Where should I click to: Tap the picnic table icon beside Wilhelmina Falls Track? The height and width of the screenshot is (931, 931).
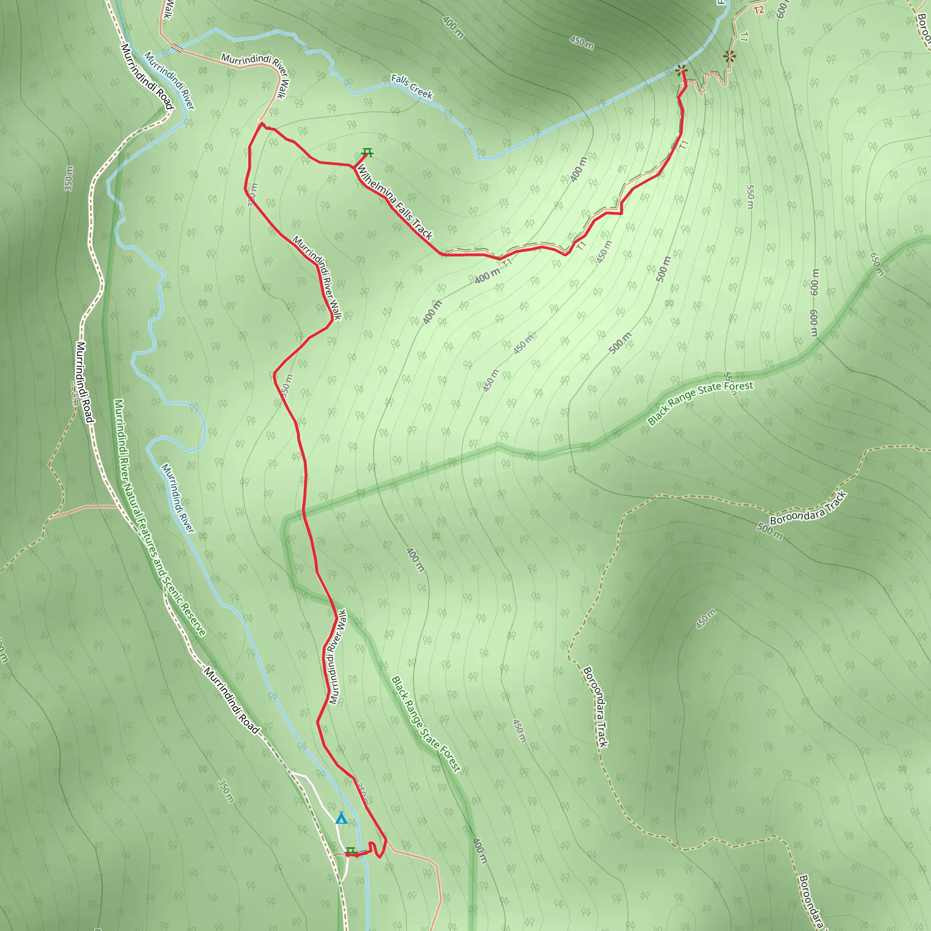(x=367, y=153)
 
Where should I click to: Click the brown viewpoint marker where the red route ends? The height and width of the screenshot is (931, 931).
(x=681, y=71)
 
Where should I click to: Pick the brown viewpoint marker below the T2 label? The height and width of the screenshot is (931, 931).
(x=730, y=56)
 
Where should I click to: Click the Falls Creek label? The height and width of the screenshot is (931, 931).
(x=411, y=86)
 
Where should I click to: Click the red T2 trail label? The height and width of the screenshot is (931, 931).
(x=759, y=10)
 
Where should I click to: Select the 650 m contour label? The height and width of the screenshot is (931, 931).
(x=877, y=264)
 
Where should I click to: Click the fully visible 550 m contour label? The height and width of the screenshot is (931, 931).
(x=750, y=196)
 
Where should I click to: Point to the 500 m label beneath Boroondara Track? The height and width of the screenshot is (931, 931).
(x=769, y=531)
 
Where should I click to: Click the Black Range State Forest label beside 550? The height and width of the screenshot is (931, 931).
(x=700, y=403)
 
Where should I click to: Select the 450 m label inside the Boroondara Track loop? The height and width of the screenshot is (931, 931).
(x=706, y=619)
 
